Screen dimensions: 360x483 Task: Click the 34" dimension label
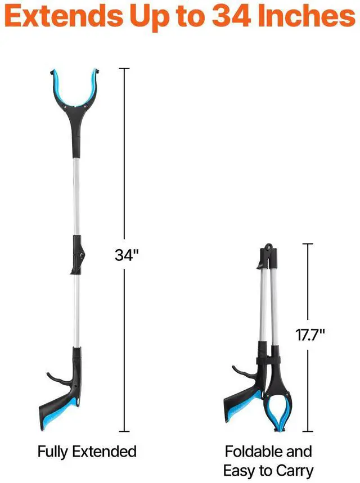[127, 255]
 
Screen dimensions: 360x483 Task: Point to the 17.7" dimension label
[310, 335]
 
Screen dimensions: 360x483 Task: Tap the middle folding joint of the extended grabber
[78, 255]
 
